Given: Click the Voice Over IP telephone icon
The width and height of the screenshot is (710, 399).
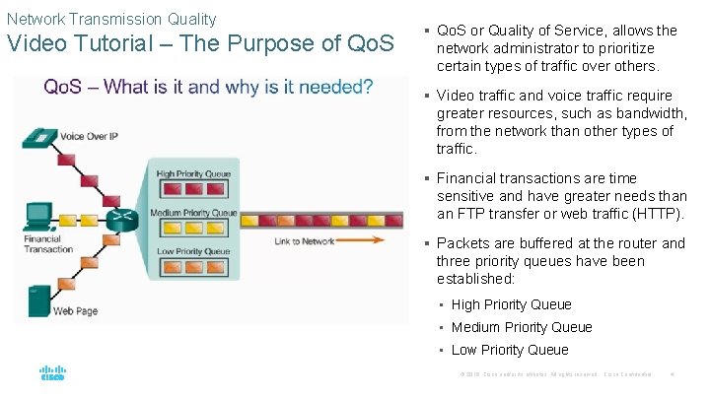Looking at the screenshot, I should click(x=42, y=137).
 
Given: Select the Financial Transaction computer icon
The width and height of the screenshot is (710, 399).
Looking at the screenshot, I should click(x=39, y=216).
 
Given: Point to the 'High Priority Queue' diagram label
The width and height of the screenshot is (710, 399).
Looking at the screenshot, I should click(x=194, y=174).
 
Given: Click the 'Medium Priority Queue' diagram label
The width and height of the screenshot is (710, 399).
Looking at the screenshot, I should click(x=193, y=212).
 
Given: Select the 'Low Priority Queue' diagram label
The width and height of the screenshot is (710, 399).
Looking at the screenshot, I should click(x=193, y=251).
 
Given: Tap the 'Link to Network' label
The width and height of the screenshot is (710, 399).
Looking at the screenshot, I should click(x=305, y=241).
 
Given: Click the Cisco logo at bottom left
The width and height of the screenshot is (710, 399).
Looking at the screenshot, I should click(x=52, y=374).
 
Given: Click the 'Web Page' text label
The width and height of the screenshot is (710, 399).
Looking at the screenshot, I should click(x=75, y=310).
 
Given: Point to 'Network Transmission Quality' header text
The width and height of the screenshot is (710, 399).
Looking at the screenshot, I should click(x=111, y=19).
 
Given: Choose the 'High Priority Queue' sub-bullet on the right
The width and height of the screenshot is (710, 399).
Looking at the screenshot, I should click(x=511, y=304).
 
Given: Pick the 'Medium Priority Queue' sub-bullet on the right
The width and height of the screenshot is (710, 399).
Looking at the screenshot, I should click(x=522, y=327).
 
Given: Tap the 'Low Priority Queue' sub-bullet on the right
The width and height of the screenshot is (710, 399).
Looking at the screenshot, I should click(x=510, y=350).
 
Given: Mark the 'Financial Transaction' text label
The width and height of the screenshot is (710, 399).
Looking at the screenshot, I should click(x=48, y=243).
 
